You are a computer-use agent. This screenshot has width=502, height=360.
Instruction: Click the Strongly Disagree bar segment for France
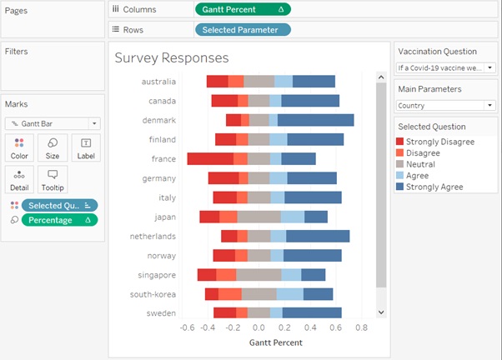tap(210, 158)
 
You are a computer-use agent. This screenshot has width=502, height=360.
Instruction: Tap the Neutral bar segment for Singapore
tap(259, 274)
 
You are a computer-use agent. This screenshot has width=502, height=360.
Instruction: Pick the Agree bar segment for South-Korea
tap(289, 293)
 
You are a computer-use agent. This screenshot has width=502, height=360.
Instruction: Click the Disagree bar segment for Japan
tap(228, 217)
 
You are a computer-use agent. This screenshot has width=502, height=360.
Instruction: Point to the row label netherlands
tap(152, 236)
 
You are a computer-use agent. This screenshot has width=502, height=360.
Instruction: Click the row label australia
tap(158, 82)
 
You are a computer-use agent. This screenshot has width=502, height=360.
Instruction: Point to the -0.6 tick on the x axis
tap(188, 327)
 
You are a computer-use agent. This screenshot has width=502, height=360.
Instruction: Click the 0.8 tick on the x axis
tap(361, 327)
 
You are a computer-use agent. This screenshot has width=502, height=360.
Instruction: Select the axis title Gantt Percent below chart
tap(276, 342)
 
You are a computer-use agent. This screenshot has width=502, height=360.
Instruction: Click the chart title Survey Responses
tap(172, 58)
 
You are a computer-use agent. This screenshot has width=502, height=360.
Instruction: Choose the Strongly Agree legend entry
tap(434, 187)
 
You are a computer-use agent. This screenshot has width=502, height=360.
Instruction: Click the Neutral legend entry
tap(422, 164)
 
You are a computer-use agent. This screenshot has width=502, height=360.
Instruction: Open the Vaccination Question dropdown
tap(444, 67)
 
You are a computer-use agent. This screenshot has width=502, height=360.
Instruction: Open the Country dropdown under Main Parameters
tap(444, 106)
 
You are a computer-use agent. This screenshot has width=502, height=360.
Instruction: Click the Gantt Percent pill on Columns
tap(243, 9)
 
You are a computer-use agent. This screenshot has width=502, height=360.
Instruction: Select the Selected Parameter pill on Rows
tap(243, 29)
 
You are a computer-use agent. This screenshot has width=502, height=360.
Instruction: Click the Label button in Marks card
tap(86, 147)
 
